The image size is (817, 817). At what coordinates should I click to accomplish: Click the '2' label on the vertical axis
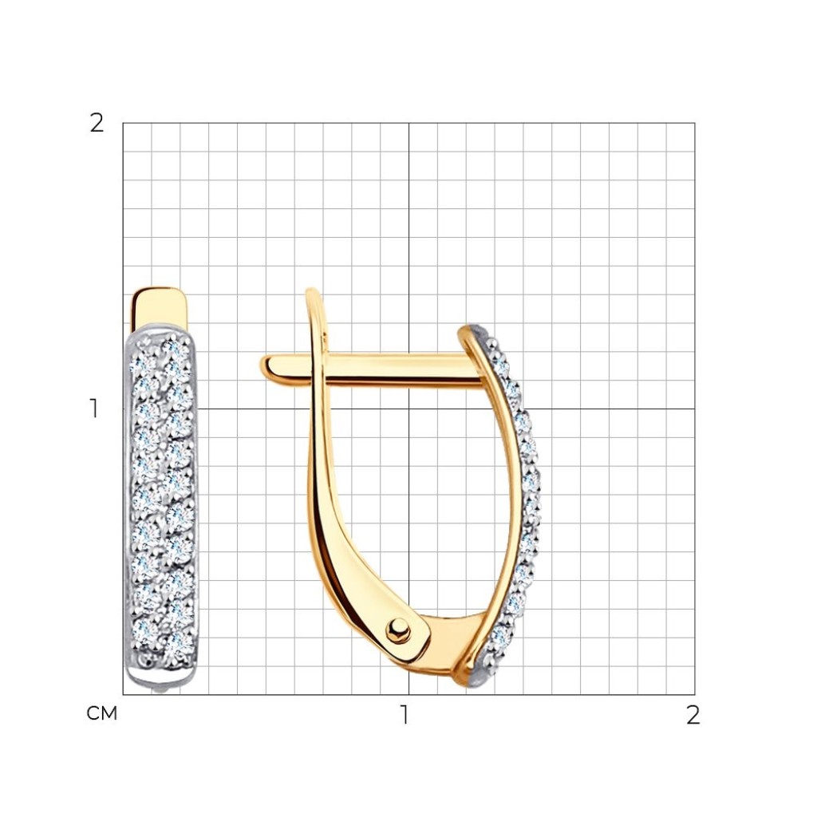tap(97, 124)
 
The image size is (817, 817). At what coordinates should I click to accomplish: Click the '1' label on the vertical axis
tap(94, 408)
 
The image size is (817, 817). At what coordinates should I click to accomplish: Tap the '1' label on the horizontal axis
tap(404, 715)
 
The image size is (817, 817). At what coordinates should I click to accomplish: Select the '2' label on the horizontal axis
tap(693, 715)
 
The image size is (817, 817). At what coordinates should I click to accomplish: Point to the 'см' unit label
tap(101, 714)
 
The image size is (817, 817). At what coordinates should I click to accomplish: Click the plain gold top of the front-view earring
tap(159, 307)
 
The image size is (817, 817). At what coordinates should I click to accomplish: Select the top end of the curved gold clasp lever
tap(312, 293)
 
